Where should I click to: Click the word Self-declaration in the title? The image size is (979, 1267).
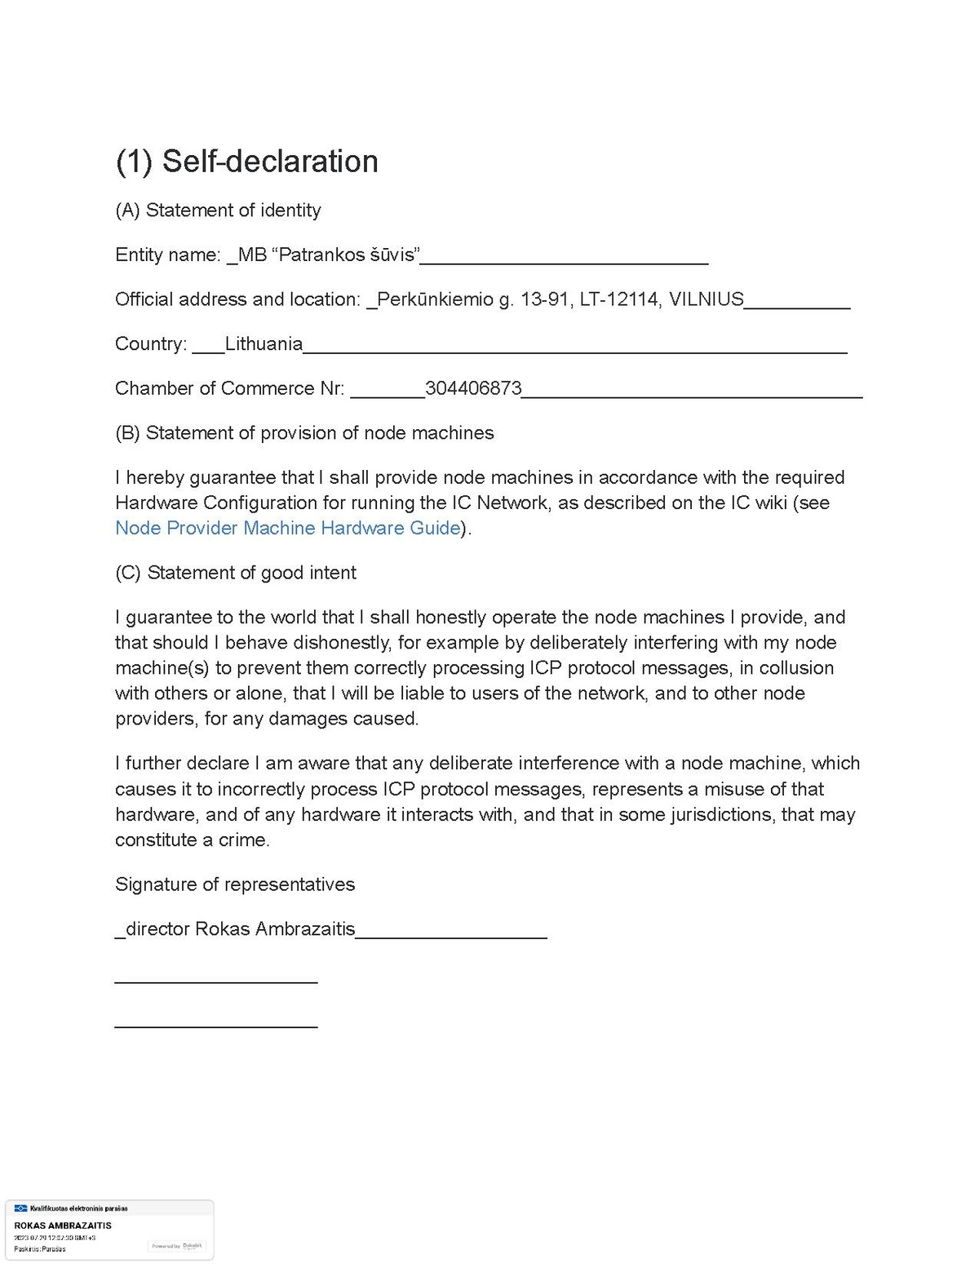(270, 162)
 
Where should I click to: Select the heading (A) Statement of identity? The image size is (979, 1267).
(218, 210)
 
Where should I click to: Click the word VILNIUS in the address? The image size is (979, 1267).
(707, 299)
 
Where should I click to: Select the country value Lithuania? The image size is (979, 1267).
(264, 344)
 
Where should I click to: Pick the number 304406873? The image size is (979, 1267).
(473, 388)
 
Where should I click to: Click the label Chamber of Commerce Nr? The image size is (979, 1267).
(229, 388)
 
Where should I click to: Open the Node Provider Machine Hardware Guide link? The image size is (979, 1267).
(288, 529)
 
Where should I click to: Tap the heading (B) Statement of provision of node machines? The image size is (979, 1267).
(304, 433)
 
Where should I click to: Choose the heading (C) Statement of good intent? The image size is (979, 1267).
(236, 573)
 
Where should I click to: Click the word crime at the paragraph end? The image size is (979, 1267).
(242, 840)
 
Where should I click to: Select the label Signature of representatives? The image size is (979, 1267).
(235, 885)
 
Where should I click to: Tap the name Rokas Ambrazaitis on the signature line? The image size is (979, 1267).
(275, 929)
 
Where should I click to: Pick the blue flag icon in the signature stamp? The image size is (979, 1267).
(21, 1208)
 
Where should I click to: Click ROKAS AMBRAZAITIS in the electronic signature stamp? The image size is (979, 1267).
(63, 1225)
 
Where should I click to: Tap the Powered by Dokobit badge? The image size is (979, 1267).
(177, 1246)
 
